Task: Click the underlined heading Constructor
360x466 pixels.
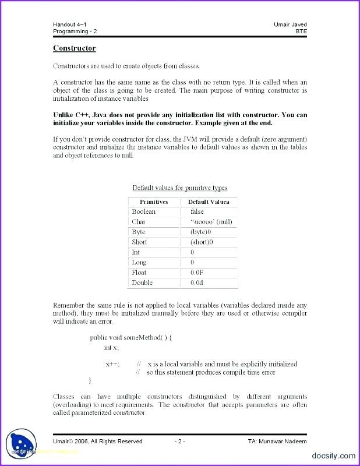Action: click(x=74, y=48)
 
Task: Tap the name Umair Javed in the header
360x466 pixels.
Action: click(x=290, y=24)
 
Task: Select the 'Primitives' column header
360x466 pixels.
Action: click(x=154, y=202)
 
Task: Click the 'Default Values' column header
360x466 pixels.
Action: click(x=209, y=202)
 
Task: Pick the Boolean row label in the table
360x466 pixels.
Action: click(x=144, y=212)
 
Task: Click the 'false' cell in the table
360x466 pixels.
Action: click(x=197, y=212)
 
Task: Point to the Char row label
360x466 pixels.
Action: click(x=139, y=222)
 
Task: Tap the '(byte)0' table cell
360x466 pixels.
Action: click(x=202, y=232)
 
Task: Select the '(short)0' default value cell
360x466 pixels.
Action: click(x=202, y=242)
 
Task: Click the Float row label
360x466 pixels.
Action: click(x=139, y=273)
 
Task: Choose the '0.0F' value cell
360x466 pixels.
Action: click(x=197, y=273)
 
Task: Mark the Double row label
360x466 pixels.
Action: click(x=142, y=283)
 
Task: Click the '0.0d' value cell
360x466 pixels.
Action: click(x=197, y=283)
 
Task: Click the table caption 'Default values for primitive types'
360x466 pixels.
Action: click(x=179, y=188)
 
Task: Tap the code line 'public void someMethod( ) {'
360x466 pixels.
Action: click(x=130, y=337)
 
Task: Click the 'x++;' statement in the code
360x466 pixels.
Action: click(x=112, y=364)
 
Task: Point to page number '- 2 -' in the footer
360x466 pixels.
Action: click(x=179, y=442)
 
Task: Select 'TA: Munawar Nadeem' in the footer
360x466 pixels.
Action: click(x=277, y=442)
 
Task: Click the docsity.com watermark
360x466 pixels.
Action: click(x=333, y=456)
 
